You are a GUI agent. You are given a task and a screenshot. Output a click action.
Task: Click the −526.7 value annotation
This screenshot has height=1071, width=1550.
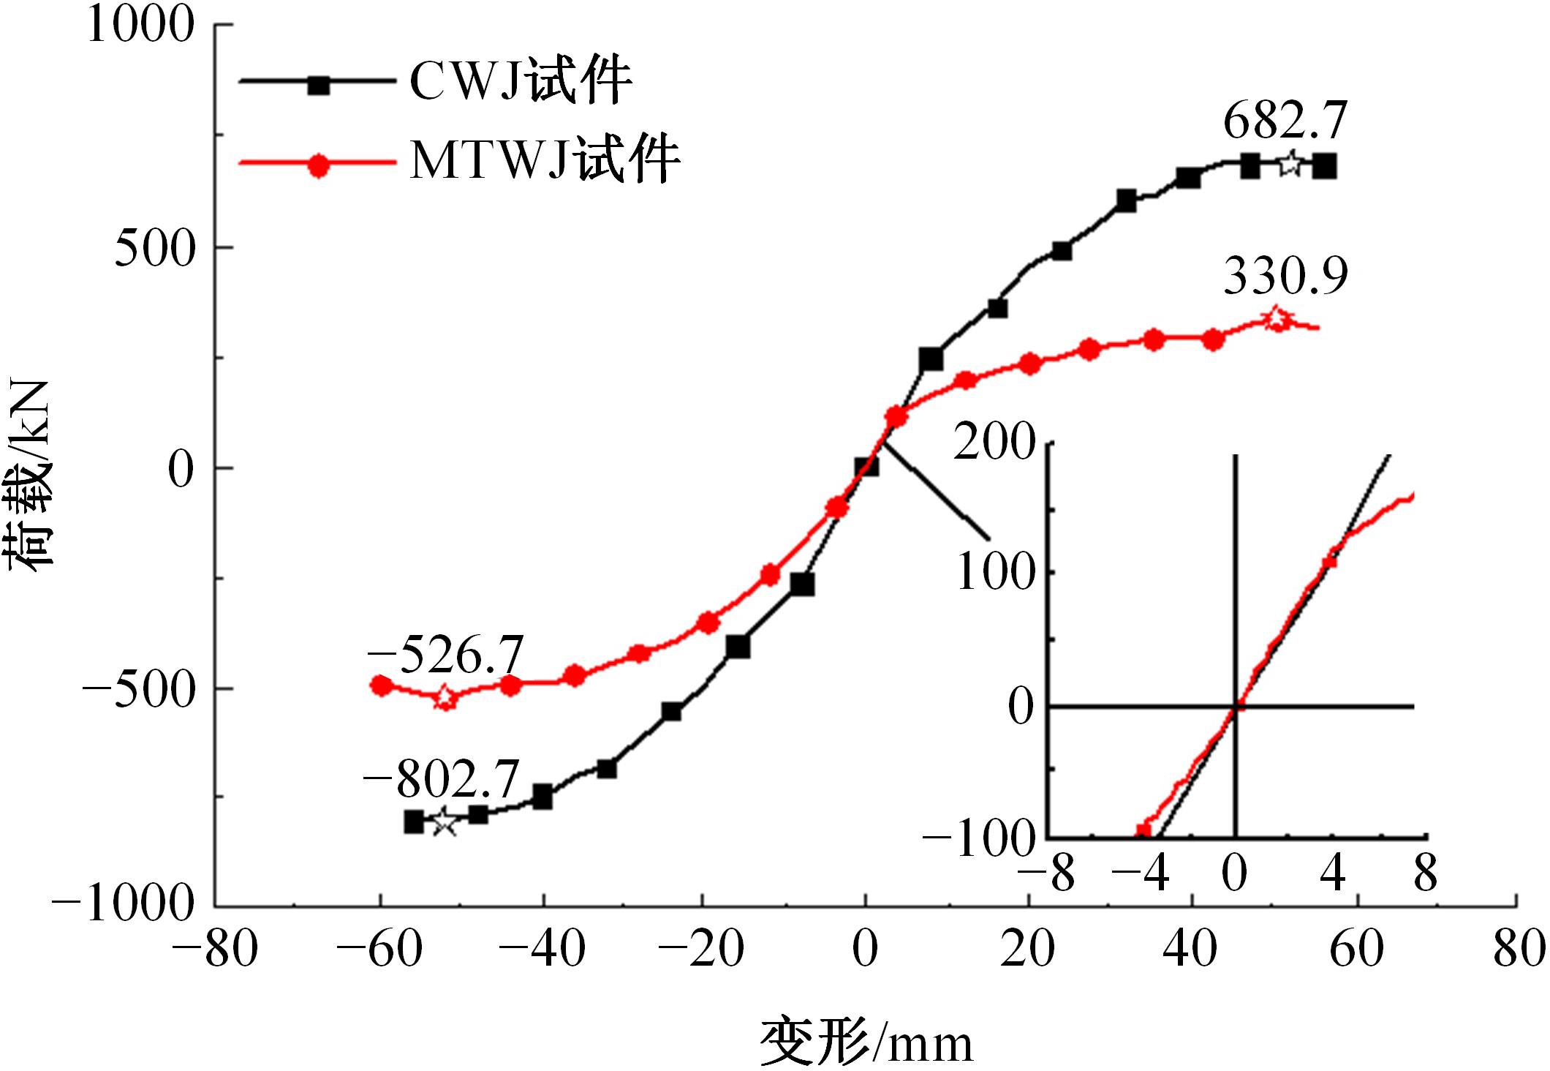coord(445,654)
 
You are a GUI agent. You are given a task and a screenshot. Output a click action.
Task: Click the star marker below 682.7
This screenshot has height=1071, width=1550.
coord(1290,164)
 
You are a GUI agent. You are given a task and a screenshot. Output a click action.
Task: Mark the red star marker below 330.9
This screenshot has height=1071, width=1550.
coord(1276,319)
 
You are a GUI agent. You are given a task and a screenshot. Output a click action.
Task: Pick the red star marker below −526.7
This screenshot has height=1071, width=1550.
coord(445,697)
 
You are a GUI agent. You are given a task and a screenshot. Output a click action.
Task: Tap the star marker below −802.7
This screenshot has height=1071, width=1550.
coord(444,823)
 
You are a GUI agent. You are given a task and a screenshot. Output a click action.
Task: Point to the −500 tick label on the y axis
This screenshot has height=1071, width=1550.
coord(140,689)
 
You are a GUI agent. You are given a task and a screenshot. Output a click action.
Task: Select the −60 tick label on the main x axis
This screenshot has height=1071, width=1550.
coord(379,950)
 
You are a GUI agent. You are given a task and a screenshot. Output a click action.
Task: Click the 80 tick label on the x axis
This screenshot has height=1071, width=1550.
coord(1518,950)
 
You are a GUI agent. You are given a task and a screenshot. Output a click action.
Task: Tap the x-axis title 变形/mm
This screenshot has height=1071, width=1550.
coord(866,1042)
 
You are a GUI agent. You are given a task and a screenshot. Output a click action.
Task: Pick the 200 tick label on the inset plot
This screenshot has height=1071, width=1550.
coord(995,443)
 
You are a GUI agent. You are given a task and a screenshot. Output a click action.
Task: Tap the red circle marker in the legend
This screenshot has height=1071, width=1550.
coord(318,164)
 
